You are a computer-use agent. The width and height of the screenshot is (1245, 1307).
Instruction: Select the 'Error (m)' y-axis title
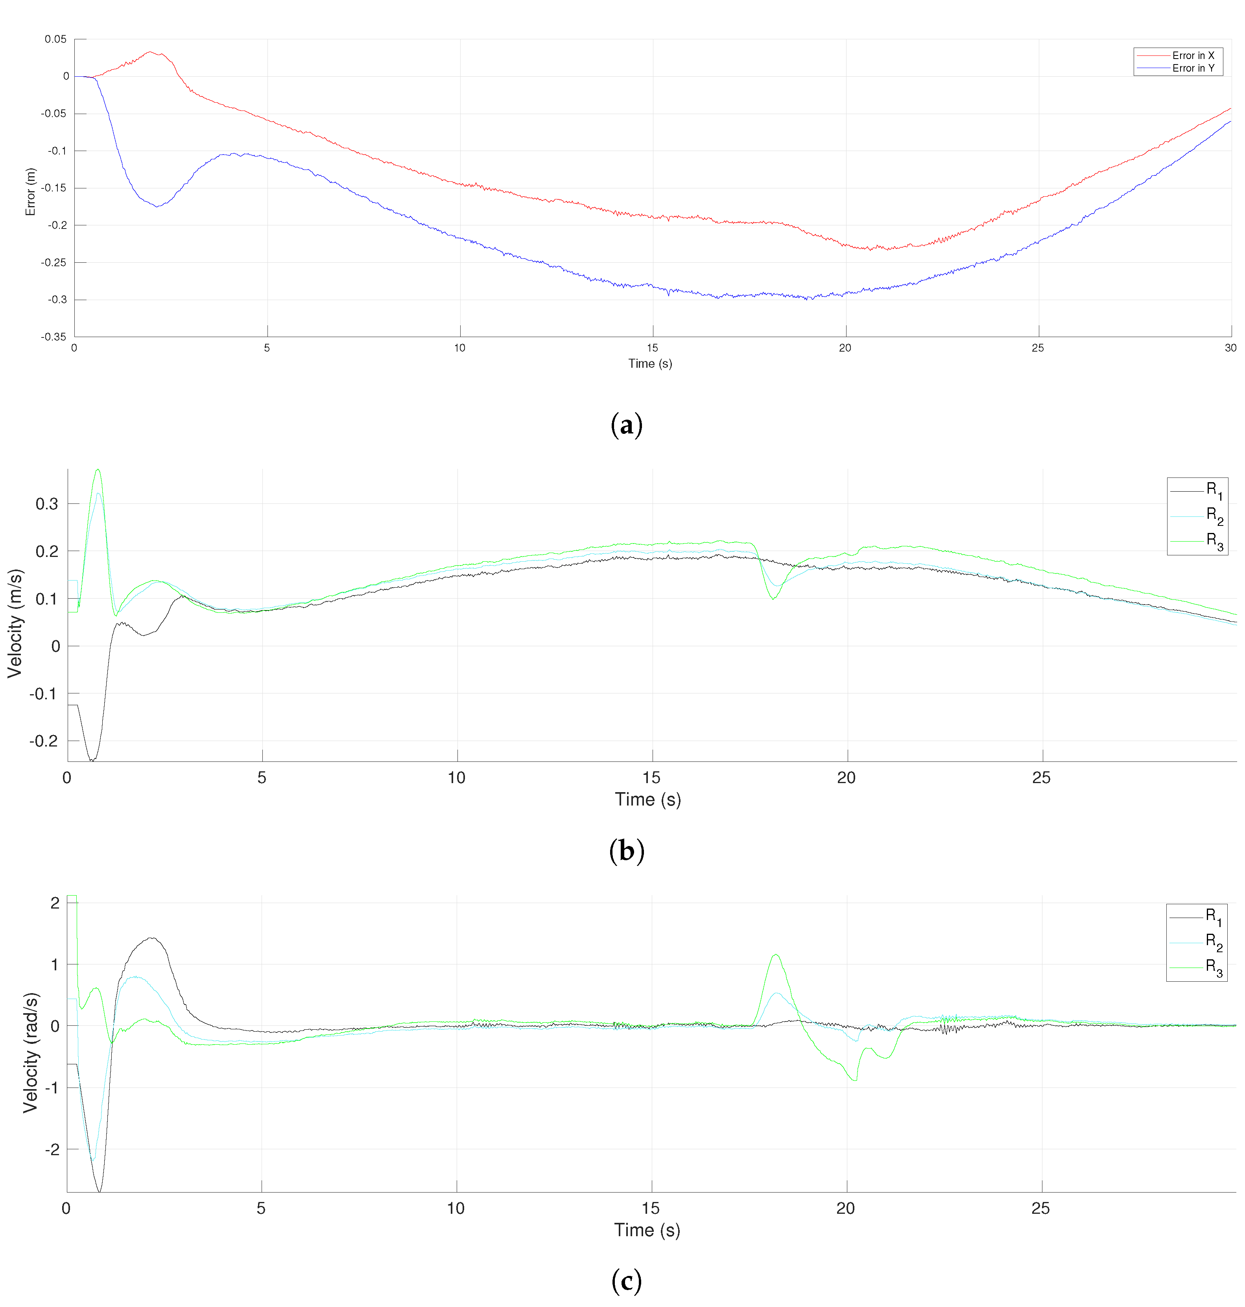click(x=30, y=192)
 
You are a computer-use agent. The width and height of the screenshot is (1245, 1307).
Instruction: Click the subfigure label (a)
click(x=626, y=425)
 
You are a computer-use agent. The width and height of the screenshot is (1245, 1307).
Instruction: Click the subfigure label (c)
click(x=626, y=1281)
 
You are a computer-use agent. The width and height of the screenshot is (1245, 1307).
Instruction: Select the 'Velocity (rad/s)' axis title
click(x=31, y=1052)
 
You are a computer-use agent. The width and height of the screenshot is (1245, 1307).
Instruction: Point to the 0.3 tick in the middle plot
click(x=46, y=504)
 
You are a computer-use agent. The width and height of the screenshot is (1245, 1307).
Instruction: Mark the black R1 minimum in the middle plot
click(x=92, y=759)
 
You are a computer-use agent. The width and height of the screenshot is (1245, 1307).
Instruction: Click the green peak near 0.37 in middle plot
click(x=98, y=470)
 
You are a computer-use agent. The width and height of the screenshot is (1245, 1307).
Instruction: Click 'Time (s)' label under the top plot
click(x=650, y=363)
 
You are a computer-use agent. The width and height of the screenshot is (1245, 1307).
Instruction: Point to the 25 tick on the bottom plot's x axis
click(x=1040, y=1208)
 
